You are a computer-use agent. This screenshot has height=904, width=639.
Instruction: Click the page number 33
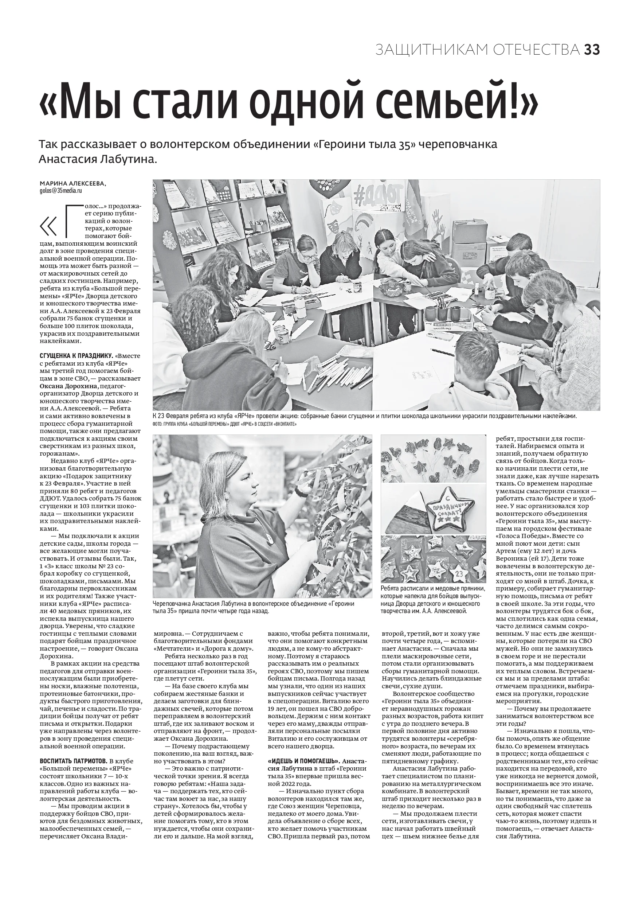[591, 50]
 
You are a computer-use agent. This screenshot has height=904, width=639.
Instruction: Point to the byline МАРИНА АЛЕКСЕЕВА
[73, 183]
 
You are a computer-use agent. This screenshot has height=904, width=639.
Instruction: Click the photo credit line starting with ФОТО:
[224, 424]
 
